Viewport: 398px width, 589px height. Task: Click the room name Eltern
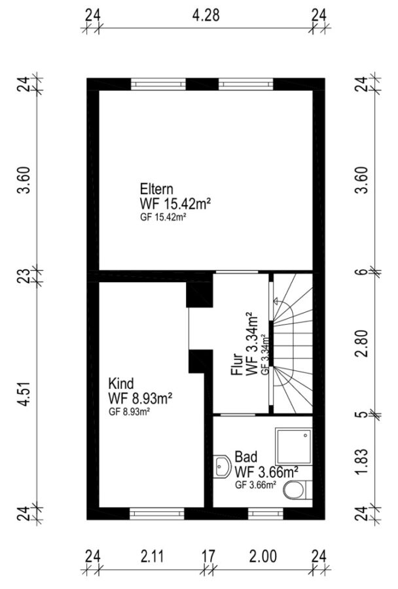156,188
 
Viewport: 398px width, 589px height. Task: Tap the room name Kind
120,384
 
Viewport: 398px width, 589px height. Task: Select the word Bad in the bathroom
245,457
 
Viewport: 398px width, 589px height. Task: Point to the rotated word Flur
237,365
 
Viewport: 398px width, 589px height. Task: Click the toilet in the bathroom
298,490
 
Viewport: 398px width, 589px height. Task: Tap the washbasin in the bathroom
222,467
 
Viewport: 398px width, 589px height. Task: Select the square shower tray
294,446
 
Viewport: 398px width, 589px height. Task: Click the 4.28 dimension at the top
206,16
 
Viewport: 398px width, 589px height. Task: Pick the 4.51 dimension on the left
24,394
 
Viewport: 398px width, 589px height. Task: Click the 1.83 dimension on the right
362,461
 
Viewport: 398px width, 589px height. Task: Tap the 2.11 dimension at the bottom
153,556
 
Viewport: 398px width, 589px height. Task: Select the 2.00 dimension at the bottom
263,556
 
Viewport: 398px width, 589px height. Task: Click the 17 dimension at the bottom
208,556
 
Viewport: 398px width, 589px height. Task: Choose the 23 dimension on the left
24,276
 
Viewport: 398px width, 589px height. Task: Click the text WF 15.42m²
175,204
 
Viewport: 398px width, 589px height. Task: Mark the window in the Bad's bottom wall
266,513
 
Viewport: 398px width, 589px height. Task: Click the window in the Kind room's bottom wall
157,513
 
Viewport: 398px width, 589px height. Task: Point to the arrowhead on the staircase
276,300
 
